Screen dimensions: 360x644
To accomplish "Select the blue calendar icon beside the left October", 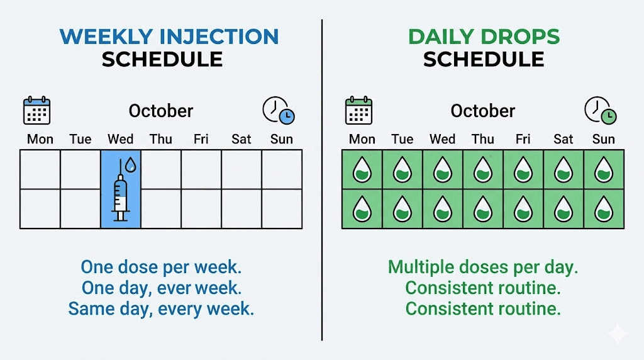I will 36,111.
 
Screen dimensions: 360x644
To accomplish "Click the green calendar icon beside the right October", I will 358,111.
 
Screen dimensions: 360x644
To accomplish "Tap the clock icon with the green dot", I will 600,111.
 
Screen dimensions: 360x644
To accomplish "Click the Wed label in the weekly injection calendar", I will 120,139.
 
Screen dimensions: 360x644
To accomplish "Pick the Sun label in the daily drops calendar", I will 603,139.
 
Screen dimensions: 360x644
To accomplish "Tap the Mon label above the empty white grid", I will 40,139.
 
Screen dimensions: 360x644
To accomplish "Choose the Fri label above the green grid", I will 523,139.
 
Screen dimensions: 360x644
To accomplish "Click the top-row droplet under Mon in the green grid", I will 362,170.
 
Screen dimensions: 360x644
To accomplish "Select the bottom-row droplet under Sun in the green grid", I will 603,209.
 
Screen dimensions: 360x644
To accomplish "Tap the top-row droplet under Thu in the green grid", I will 482,170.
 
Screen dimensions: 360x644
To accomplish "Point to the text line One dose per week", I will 161,267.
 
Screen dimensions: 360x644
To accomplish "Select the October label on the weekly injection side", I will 161,111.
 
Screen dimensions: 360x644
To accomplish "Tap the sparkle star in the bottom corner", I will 618,334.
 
